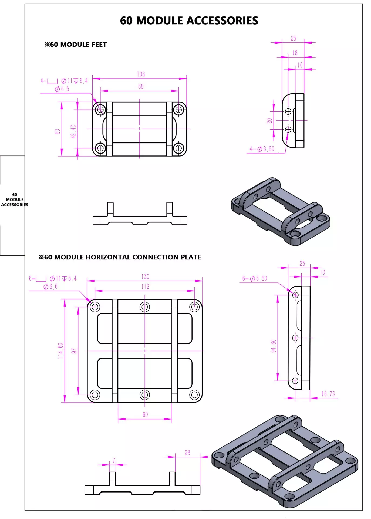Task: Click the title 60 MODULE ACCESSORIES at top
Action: click(189, 21)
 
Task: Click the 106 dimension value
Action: click(141, 74)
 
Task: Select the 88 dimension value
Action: click(141, 86)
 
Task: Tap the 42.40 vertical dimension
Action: click(73, 132)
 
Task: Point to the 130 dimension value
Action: click(145, 277)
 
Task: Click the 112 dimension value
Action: click(145, 287)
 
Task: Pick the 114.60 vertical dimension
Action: click(60, 351)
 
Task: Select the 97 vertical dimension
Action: click(74, 351)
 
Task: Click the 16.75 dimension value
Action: click(328, 394)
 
